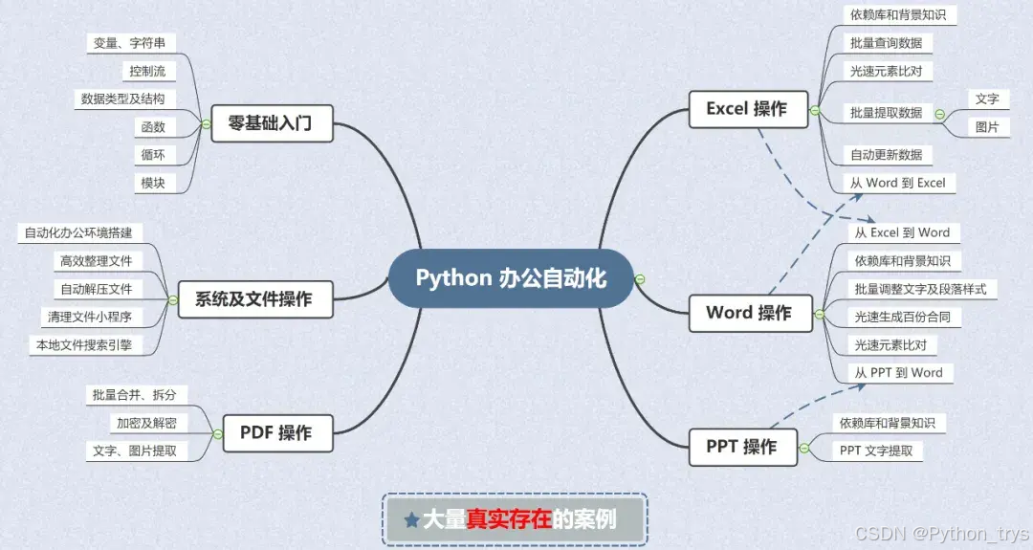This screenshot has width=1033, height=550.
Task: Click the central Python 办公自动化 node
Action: (x=511, y=278)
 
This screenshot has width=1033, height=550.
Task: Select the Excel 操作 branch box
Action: (x=747, y=109)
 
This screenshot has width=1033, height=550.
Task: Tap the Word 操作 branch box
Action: (x=749, y=313)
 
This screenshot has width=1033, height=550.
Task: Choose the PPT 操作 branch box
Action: (x=741, y=447)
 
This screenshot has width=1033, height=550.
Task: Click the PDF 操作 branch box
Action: (x=275, y=433)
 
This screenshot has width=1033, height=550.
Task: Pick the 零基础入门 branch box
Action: (x=272, y=123)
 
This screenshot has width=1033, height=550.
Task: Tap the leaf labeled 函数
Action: (x=153, y=126)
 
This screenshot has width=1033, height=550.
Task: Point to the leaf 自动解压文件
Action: (x=97, y=289)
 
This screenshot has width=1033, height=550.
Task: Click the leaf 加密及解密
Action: (x=146, y=423)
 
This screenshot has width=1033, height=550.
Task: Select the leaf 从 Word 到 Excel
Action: (x=899, y=183)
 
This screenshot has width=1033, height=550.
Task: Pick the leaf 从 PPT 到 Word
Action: (x=899, y=373)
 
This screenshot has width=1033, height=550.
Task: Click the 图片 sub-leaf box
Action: (x=987, y=126)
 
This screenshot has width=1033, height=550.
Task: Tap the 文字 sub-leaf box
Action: (x=987, y=99)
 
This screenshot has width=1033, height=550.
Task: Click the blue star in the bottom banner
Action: (x=411, y=520)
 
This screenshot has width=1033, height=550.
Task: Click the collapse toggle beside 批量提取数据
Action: (x=939, y=113)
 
